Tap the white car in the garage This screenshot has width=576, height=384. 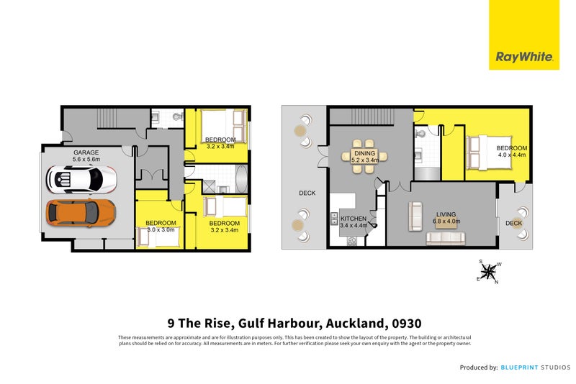[81, 179]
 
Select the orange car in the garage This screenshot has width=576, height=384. [81, 212]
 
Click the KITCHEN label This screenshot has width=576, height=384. [354, 219]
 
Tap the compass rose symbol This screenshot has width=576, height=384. [489, 272]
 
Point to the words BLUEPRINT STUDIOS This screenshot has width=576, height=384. [534, 367]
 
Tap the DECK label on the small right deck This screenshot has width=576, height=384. [513, 224]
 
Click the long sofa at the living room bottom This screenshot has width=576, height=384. [446, 238]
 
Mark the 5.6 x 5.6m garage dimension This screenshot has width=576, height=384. [86, 160]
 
